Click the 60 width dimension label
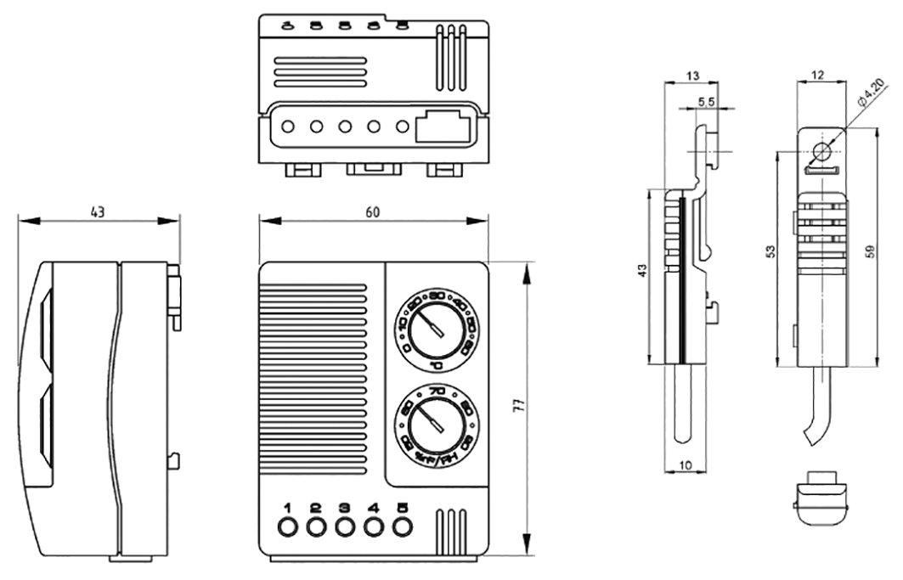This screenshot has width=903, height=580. [x=372, y=212]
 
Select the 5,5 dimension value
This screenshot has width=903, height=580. [x=705, y=102]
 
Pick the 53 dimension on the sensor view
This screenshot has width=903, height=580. [x=769, y=252]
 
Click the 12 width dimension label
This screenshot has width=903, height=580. [x=817, y=75]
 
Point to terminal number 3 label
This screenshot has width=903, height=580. [x=344, y=509]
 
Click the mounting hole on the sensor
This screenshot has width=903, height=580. [x=821, y=153]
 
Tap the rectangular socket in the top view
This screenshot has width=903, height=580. [x=443, y=127]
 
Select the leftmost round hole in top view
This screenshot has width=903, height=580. [x=287, y=127]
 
